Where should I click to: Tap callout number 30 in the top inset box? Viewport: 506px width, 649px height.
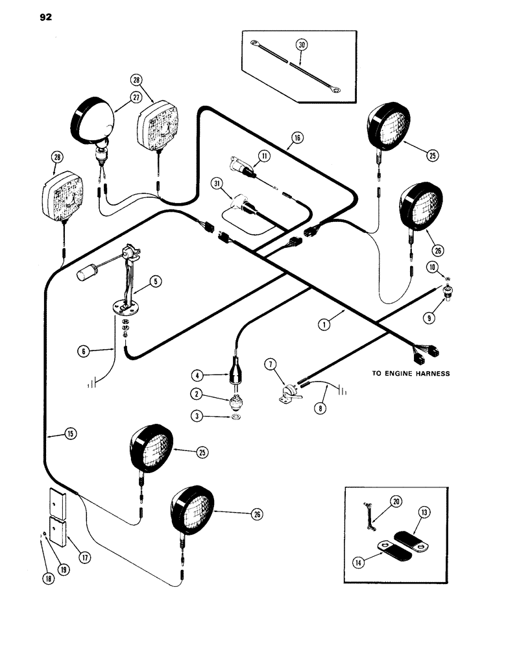[x=300, y=45]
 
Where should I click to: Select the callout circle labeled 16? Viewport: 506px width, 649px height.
[x=296, y=137]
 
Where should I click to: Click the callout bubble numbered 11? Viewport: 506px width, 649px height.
[x=265, y=155]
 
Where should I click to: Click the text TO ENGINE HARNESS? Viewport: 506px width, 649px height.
[x=412, y=374]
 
